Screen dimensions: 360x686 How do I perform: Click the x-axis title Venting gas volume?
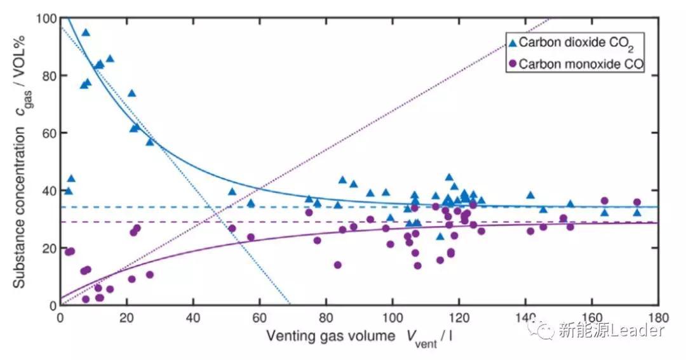[330, 335]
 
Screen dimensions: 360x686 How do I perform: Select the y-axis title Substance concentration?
[20, 187]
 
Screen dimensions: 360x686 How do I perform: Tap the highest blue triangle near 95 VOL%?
[86, 32]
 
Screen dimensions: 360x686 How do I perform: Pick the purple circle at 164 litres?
[605, 201]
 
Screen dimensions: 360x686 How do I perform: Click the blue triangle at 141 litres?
[530, 195]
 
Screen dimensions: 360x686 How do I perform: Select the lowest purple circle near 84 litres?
[338, 265]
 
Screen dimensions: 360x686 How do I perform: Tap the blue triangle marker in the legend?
[512, 43]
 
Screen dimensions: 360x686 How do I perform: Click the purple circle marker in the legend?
[512, 64]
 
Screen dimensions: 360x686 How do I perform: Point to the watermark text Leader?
[640, 330]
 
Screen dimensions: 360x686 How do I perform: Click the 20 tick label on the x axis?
[126, 317]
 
